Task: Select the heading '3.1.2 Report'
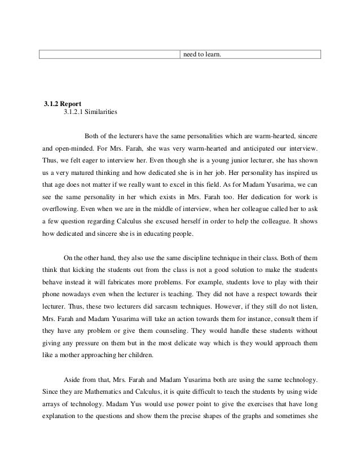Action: pyautogui.click(x=63, y=104)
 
